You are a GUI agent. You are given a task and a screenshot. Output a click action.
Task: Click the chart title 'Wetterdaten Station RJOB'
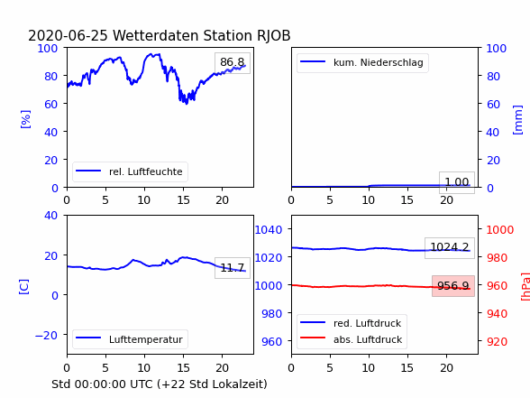[x=201, y=35]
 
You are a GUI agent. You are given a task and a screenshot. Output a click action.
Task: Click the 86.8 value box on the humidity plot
[x=233, y=63]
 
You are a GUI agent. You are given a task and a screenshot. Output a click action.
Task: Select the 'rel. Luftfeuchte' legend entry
[x=130, y=171]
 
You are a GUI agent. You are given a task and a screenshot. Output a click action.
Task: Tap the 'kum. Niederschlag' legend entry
[x=362, y=62]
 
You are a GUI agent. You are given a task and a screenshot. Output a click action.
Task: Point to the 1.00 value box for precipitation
[x=457, y=182]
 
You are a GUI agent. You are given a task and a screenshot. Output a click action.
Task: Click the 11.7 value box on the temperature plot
[x=233, y=268]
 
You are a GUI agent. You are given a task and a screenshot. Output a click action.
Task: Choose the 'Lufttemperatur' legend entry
[x=130, y=339]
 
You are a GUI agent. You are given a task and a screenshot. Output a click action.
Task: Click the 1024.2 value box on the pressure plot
[x=450, y=248]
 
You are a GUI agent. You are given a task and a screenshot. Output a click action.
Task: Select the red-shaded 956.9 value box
[x=453, y=286]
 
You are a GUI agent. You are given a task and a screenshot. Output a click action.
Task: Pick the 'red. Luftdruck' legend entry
[x=351, y=323]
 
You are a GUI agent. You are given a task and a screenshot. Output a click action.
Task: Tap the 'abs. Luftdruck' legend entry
[x=351, y=339]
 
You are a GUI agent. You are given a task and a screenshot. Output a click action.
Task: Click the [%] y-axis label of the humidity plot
[x=25, y=119]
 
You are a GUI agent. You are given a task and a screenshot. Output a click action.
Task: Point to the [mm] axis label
[x=517, y=120]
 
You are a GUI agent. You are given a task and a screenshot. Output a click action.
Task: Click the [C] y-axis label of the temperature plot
[x=23, y=287]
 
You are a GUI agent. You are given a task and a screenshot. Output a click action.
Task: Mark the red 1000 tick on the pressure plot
[x=500, y=230]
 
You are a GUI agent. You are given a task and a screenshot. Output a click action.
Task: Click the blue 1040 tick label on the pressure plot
[x=269, y=230]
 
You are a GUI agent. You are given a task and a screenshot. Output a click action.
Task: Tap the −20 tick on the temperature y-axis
[x=46, y=335]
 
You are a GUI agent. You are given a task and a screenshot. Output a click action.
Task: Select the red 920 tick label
[x=497, y=341]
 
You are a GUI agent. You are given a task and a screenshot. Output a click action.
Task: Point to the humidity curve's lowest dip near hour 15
[x=187, y=103]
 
